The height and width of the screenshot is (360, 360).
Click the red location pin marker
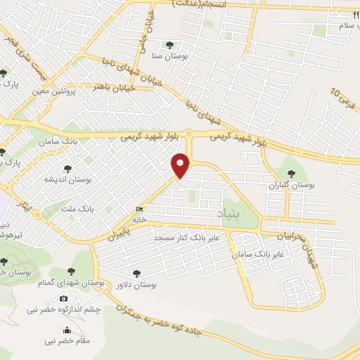(x=181, y=165)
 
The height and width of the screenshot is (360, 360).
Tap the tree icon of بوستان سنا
(x=169, y=44)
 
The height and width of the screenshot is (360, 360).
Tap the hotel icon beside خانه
(x=140, y=210)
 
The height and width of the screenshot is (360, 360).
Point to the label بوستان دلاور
(x=136, y=284)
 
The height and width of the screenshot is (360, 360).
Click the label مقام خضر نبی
(x=67, y=341)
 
